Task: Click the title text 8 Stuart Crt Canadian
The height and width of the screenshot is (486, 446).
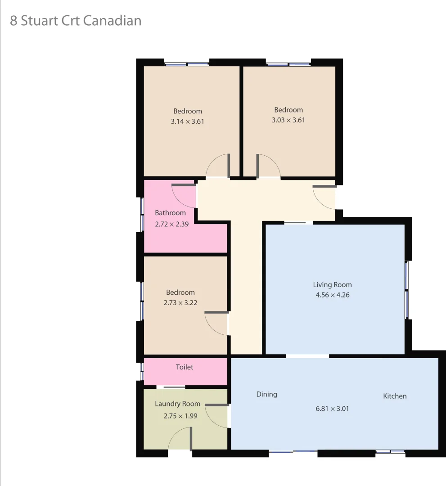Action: (x=76, y=21)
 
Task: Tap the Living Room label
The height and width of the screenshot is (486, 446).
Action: (x=332, y=285)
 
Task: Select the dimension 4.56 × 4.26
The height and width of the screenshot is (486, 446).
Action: (x=332, y=295)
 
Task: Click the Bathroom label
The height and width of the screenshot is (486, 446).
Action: (x=170, y=213)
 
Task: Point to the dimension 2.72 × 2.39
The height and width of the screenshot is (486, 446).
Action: (x=171, y=224)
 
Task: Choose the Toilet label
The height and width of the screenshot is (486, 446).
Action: (x=185, y=367)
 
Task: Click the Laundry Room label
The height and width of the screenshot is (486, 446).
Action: (x=177, y=404)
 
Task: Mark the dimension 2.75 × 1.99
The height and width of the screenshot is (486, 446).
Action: (x=180, y=416)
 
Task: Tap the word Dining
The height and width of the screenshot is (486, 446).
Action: (x=266, y=394)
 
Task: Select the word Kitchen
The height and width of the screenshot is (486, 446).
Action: (x=395, y=396)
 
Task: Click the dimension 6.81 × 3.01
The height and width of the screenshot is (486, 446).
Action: (x=332, y=409)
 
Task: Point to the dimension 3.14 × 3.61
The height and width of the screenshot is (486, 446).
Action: (x=188, y=121)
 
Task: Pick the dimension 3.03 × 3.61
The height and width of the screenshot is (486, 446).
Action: (x=288, y=120)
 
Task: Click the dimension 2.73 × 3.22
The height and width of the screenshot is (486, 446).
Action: (x=180, y=303)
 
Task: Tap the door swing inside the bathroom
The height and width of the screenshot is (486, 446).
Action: (x=183, y=195)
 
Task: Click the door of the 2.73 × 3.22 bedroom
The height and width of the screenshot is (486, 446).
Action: (x=216, y=323)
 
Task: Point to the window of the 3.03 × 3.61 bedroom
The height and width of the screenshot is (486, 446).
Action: (x=288, y=64)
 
